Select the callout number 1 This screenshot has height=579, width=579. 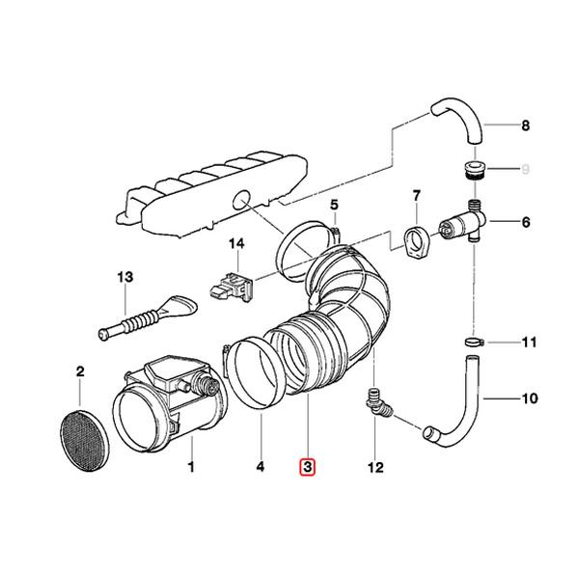tap(191, 469)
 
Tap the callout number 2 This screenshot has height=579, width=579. tap(80, 372)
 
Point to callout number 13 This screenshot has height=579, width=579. tap(124, 278)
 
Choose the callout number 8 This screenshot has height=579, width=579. tap(526, 125)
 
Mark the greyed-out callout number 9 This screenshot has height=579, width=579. tap(526, 171)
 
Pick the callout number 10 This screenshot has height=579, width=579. tap(526, 398)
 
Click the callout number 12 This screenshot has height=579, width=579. tap(374, 469)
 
